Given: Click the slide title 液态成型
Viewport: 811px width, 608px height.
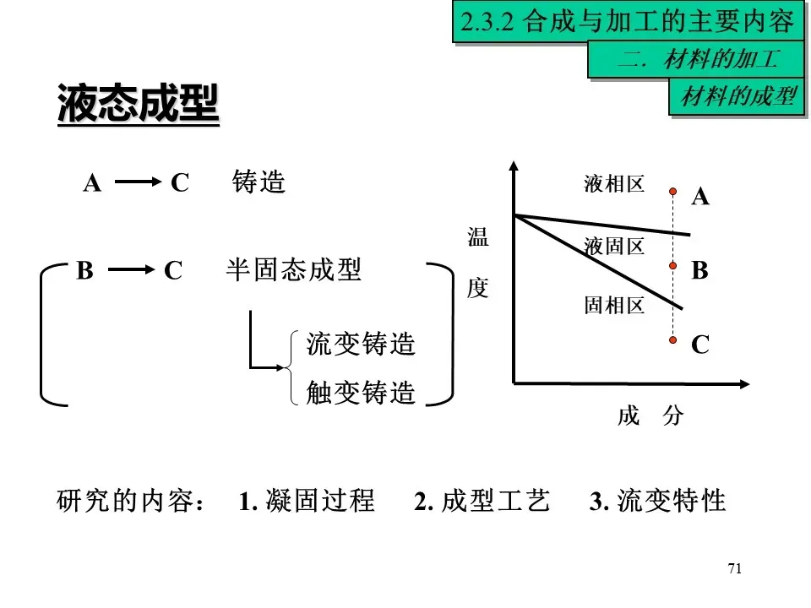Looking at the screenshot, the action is [138, 105].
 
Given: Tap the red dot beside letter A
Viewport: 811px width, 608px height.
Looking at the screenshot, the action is [673, 191].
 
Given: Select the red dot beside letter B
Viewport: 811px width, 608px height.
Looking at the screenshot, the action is [673, 266].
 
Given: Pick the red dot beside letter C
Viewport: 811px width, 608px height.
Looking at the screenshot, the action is [673, 340].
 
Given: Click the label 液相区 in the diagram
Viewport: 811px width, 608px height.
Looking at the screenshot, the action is [614, 184].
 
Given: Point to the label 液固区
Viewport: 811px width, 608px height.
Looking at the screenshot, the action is [614, 247].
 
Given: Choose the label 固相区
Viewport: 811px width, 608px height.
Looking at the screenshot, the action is [614, 306].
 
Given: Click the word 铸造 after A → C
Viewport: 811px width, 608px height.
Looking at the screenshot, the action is [259, 182].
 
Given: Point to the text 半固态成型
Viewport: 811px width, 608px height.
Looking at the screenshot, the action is [294, 270].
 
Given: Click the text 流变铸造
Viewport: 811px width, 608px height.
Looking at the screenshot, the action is [361, 345].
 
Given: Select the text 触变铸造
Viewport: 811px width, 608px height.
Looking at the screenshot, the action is [361, 393].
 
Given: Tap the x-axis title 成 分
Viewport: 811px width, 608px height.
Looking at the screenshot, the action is [650, 415].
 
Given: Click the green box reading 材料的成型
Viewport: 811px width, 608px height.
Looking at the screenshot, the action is [738, 97].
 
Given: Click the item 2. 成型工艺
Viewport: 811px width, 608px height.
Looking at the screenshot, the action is [482, 501].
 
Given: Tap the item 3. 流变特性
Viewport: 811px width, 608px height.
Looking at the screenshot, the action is [658, 501].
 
